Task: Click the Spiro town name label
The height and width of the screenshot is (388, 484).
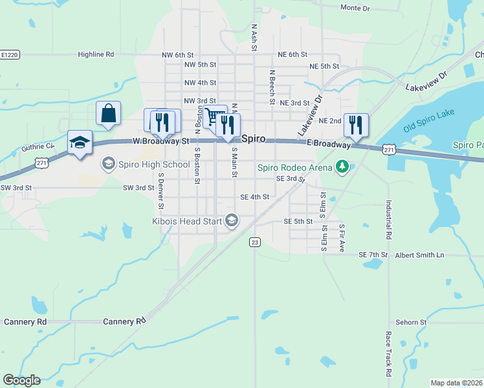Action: [253, 138]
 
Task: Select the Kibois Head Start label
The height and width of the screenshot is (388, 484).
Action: [188, 221]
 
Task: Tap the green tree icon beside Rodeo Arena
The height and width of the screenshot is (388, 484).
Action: [342, 168]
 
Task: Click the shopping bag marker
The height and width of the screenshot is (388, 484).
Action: [109, 113]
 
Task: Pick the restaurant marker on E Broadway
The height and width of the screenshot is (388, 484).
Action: [356, 125]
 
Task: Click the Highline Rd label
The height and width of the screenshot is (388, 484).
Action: [96, 55]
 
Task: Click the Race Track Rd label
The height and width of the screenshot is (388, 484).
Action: [389, 354]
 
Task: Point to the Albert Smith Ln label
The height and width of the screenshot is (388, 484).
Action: [421, 255]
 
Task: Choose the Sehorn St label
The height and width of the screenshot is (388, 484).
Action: [411, 321]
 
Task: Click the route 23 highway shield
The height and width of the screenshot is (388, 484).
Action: [255, 242]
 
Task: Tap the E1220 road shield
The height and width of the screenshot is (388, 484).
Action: [9, 55]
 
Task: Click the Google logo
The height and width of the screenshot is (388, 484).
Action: [21, 380]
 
